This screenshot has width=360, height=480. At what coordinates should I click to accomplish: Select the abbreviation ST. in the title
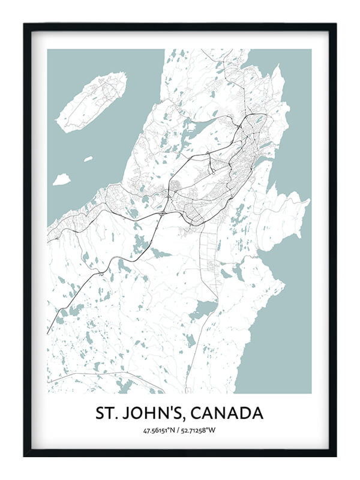(107, 413)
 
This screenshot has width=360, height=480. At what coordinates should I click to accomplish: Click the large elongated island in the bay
(91, 101)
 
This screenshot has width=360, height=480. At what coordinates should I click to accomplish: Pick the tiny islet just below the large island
(88, 159)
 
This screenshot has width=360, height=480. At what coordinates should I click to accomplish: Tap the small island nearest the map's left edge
(61, 179)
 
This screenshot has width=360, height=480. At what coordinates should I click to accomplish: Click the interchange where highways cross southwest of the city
(163, 213)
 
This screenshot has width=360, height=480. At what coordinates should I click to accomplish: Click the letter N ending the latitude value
(173, 430)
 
